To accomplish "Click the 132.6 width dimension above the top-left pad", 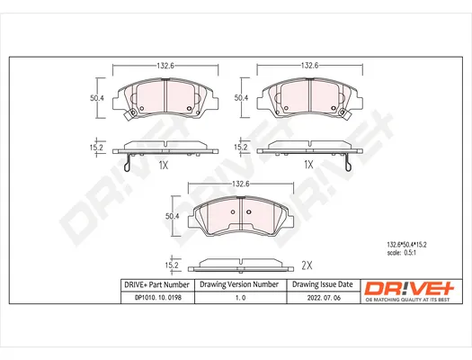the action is (x=165, y=66).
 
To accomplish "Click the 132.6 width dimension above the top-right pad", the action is (x=310, y=66).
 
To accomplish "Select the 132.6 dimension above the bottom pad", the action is (x=241, y=184).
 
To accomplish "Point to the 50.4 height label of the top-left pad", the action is (x=97, y=98).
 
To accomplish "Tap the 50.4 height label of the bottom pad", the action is (x=173, y=216).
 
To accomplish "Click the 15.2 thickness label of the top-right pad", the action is (x=241, y=148).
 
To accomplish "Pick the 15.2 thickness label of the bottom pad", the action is (x=172, y=265).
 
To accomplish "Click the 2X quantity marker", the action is (x=307, y=265).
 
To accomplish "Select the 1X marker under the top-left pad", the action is (x=163, y=165).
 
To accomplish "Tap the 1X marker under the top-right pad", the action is (x=308, y=165).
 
